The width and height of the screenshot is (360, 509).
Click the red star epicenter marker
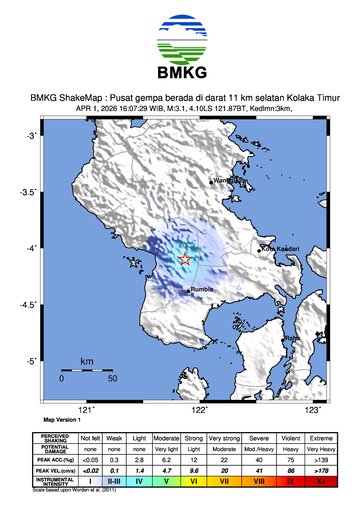click(x=185, y=259)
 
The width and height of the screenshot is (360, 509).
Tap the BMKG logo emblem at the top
click(x=180, y=37)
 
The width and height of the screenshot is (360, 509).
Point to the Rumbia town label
click(x=204, y=291)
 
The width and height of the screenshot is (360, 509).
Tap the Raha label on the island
click(x=292, y=341)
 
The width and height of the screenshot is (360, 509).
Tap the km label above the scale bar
click(x=88, y=360)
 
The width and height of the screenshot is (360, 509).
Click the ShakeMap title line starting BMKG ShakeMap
click(x=180, y=98)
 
